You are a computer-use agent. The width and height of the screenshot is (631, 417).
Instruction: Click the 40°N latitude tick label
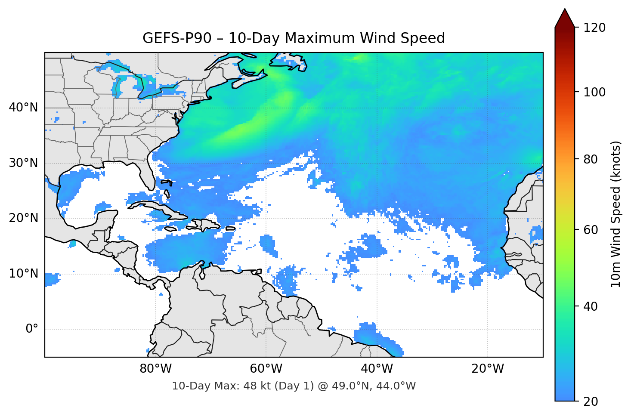tap(23, 108)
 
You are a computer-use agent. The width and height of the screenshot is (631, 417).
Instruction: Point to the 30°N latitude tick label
tap(23, 163)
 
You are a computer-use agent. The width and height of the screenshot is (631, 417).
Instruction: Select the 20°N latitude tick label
tap(23, 218)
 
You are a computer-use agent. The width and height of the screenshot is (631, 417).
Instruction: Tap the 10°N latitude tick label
tap(23, 274)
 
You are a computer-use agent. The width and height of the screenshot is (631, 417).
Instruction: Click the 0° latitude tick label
tap(32, 329)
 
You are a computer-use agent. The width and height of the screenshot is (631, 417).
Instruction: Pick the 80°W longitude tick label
tap(155, 369)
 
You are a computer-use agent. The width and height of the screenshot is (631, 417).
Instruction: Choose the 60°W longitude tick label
tap(266, 369)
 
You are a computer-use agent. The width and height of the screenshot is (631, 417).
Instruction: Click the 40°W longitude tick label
tap(377, 369)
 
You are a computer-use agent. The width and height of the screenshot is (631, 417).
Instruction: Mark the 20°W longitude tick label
tap(487, 369)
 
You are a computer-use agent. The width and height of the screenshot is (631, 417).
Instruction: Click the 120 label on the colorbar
tap(594, 28)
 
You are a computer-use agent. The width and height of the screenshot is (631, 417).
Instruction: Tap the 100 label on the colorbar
tap(594, 92)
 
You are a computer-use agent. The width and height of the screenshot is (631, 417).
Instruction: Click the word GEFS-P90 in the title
tap(177, 38)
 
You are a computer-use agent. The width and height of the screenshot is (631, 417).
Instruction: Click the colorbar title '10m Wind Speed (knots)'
tap(616, 214)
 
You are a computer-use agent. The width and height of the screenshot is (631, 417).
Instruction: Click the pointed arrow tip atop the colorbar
tap(565, 10)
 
